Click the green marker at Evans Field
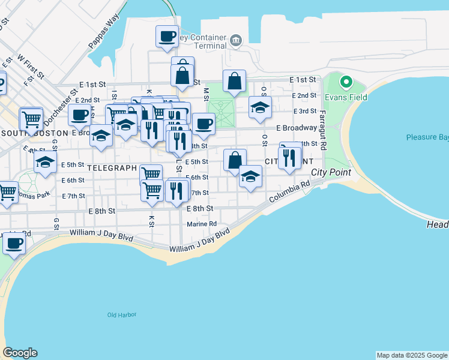(346, 82)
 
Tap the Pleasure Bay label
(427, 137)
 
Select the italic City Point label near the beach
(331, 173)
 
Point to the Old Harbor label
(122, 314)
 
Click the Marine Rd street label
(201, 224)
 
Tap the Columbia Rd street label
(289, 193)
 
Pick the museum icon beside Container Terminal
(235, 41)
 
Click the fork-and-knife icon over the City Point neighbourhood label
(290, 158)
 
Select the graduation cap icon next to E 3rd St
(260, 107)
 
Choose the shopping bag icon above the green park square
(234, 81)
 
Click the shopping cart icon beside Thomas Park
(7, 193)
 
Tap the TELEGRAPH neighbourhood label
(112, 168)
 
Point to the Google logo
(20, 353)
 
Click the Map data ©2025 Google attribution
(412, 355)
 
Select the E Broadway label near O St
(297, 128)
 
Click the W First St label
(31, 67)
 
